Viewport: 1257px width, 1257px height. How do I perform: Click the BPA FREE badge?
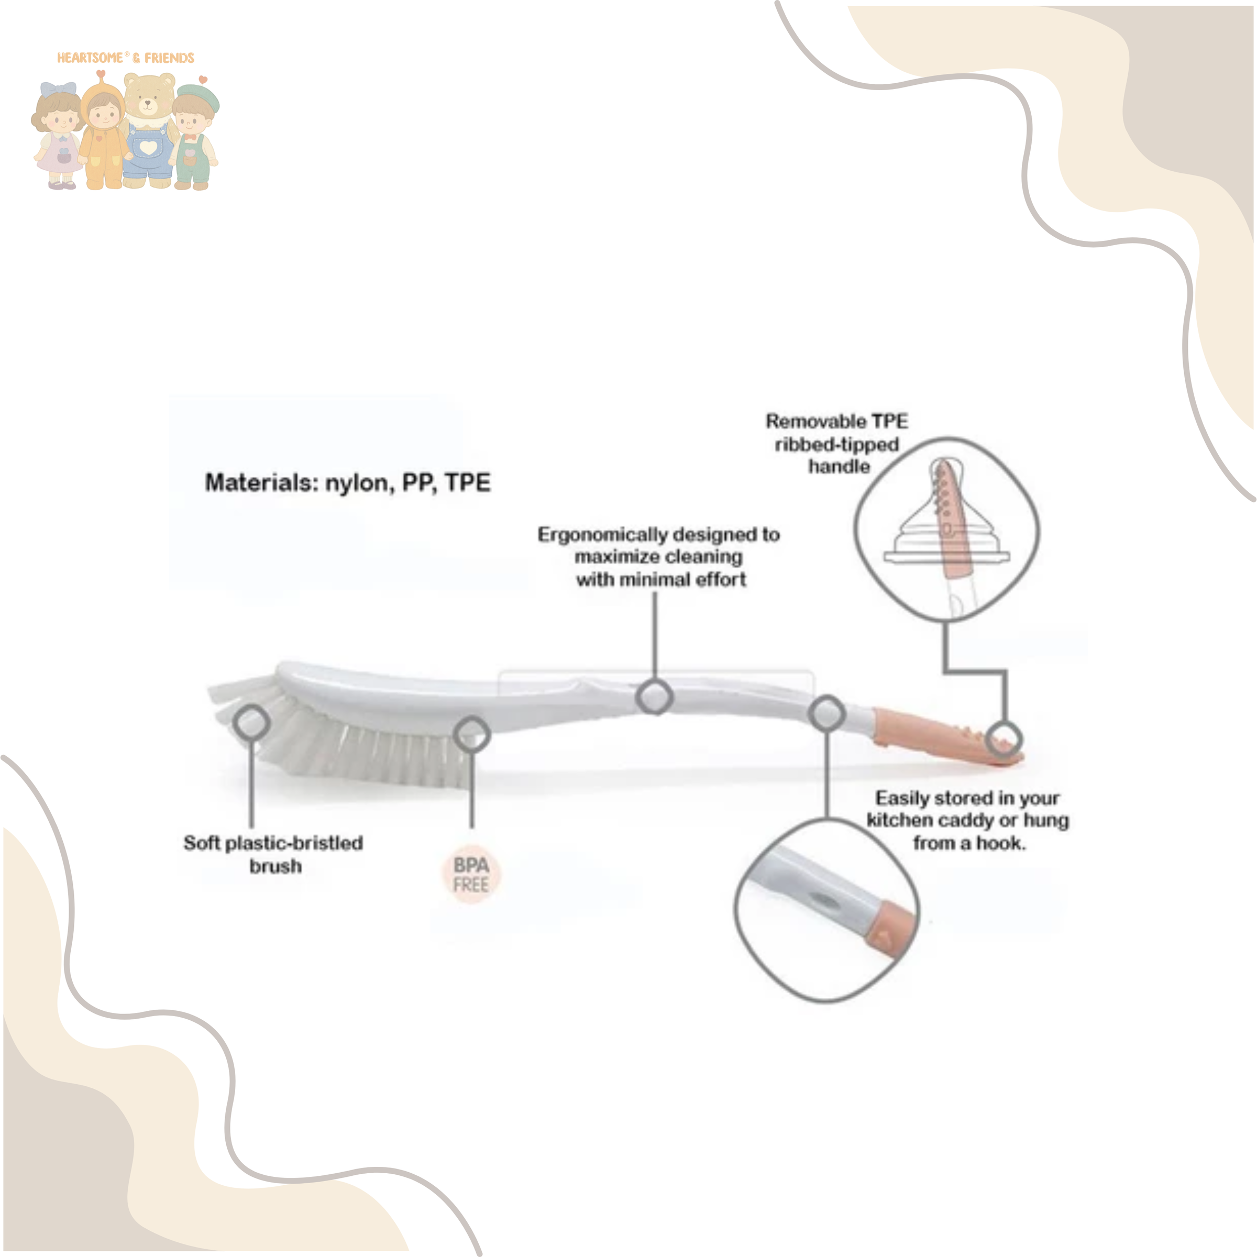pyautogui.click(x=470, y=875)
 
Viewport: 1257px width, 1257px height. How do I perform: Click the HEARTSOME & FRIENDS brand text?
pyautogui.click(x=126, y=58)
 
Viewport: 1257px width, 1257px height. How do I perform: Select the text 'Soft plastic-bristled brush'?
pyautogui.click(x=274, y=854)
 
